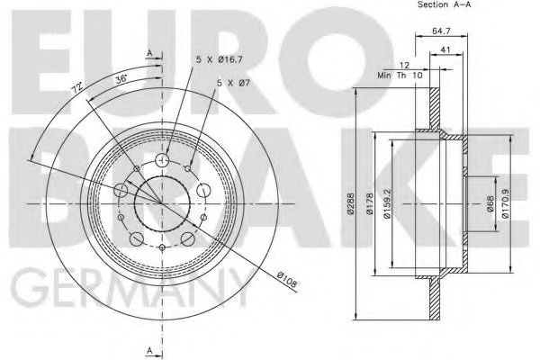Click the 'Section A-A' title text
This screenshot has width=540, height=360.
point(444,4)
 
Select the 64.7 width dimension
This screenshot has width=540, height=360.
point(441,31)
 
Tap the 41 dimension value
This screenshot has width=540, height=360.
point(445,50)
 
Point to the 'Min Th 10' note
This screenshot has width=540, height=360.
point(400,75)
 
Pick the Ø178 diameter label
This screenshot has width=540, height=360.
point(370,203)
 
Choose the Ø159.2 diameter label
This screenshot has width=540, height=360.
point(387,203)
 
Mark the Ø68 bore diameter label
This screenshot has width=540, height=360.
point(490,203)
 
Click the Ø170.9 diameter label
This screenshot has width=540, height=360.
point(505,203)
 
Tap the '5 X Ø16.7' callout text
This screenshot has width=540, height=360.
point(220,59)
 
